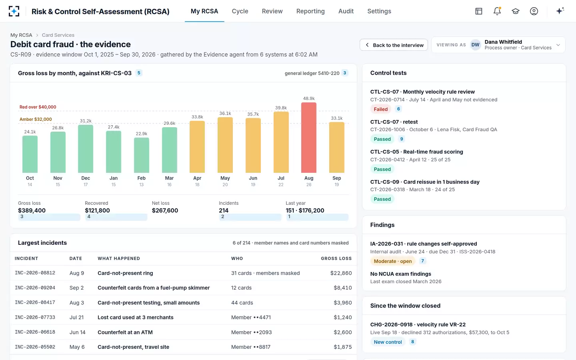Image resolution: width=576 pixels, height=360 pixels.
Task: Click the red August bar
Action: (308, 138)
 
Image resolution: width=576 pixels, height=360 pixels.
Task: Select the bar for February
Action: (142, 155)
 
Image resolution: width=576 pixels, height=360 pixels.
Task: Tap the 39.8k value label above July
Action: (281, 108)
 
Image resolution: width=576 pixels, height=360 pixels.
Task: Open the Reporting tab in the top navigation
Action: (310, 11)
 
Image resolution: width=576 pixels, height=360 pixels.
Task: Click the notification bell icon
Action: (497, 11)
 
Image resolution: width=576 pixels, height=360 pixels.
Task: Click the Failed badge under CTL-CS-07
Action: (380, 109)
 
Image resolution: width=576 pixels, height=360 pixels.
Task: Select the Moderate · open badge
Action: (393, 261)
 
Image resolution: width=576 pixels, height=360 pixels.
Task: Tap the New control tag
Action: (388, 342)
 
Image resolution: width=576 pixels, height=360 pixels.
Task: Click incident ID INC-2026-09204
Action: (35, 288)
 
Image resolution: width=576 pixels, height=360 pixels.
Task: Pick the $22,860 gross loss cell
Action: (341, 273)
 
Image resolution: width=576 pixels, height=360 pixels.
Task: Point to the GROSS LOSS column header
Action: (336, 258)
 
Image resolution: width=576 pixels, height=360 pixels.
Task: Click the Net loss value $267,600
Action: (165, 210)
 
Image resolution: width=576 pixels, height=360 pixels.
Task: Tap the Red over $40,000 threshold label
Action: (38, 107)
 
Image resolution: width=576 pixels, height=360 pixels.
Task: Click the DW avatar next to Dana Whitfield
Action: (475, 45)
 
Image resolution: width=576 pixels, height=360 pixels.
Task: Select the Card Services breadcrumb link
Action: (58, 35)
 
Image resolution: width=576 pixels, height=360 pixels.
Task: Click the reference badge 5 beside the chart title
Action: (139, 73)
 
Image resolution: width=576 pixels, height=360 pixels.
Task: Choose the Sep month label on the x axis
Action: (337, 178)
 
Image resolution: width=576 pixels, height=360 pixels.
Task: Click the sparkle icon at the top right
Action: (560, 11)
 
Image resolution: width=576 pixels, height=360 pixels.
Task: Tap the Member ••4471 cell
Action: (251, 317)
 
